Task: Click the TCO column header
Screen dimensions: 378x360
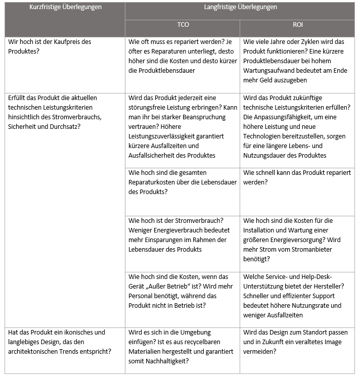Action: click(183, 25)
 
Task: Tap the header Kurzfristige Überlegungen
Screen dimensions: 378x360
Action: click(65, 7)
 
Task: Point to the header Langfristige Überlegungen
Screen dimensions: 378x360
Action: click(240, 7)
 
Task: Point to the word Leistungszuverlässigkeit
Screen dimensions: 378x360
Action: click(160, 136)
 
